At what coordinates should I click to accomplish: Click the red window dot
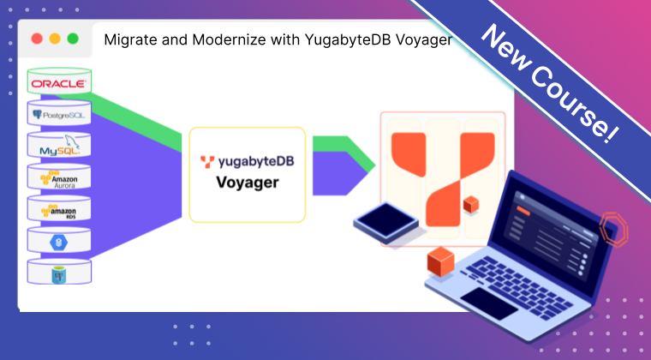pyautogui.click(x=36, y=39)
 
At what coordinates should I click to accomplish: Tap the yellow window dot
pyautogui.click(x=55, y=39)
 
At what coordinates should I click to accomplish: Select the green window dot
pyautogui.click(x=73, y=39)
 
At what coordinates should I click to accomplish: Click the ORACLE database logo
pyautogui.click(x=58, y=83)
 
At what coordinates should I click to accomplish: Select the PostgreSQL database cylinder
pyautogui.click(x=58, y=114)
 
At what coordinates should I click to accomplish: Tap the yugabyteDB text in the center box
pyautogui.click(x=254, y=159)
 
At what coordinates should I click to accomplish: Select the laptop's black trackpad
pyautogui.click(x=488, y=301)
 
